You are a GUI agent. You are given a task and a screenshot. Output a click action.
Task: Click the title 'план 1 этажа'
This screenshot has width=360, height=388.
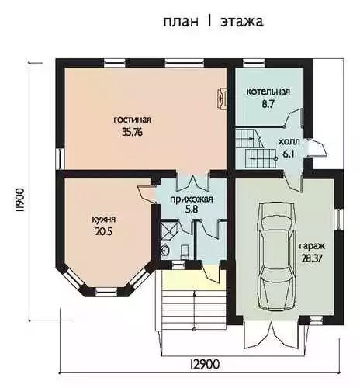tap(213, 21)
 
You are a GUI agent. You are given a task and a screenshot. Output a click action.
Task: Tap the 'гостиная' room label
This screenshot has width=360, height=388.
tap(132, 120)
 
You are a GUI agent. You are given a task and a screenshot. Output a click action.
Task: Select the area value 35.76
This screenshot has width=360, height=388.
tap(133, 132)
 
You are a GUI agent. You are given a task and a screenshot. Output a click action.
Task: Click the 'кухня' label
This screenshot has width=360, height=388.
tap(104, 220)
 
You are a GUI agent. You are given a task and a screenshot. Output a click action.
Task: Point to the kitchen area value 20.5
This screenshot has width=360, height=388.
tap(104, 231)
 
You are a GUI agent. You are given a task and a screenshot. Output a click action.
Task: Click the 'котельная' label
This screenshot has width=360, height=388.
tap(268, 92)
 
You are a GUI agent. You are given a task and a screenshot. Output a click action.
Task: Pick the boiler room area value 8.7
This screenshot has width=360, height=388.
tap(268, 104)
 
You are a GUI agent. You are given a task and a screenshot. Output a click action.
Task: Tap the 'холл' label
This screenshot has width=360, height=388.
tap(289, 142)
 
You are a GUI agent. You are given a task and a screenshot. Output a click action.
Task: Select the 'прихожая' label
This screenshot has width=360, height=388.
tap(192, 199)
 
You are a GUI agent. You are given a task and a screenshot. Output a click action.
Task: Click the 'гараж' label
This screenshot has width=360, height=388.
tap(312, 246)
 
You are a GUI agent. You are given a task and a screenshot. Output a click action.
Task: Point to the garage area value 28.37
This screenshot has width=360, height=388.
tap(312, 258)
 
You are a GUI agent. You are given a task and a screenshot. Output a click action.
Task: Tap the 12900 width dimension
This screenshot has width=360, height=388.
tap(205, 364)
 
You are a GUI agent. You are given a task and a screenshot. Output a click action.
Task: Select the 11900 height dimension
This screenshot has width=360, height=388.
tap(19, 200)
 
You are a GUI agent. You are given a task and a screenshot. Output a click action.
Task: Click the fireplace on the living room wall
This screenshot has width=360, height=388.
tap(222, 99)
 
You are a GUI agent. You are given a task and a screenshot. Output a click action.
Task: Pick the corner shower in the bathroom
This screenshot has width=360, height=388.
tap(169, 230)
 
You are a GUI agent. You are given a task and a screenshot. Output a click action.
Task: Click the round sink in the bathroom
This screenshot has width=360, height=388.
tap(164, 251)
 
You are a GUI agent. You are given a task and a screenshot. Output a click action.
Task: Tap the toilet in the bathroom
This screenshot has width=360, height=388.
tap(185, 252)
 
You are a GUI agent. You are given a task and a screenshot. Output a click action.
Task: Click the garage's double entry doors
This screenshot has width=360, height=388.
tap(272, 334)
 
